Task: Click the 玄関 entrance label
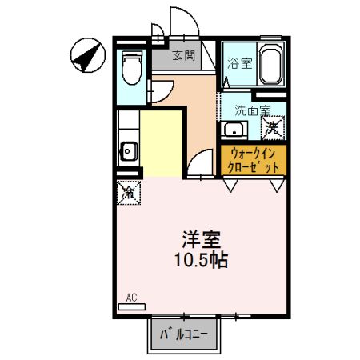point(183,56)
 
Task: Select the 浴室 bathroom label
point(238,63)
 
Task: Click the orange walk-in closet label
point(254,160)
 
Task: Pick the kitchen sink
point(128,149)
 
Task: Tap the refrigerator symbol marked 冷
point(129,192)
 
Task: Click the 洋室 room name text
point(201,239)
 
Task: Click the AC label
point(132,298)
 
